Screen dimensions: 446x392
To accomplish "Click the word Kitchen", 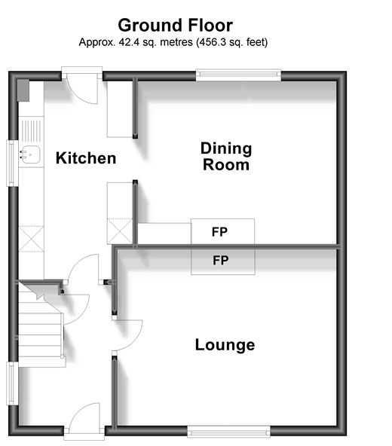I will click(86, 158).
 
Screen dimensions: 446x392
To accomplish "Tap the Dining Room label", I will click(226, 156).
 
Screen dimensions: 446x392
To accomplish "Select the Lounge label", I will click(225, 346).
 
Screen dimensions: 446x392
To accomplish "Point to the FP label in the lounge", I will click(221, 261).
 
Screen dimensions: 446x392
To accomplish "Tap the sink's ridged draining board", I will click(30, 130).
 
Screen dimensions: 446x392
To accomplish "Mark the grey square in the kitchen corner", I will click(23, 90).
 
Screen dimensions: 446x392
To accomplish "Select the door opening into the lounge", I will click(127, 334).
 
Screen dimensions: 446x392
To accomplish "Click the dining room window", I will click(239, 74).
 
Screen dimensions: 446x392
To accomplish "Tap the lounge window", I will click(228, 432).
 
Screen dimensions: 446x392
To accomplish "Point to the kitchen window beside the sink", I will click(11, 162).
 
